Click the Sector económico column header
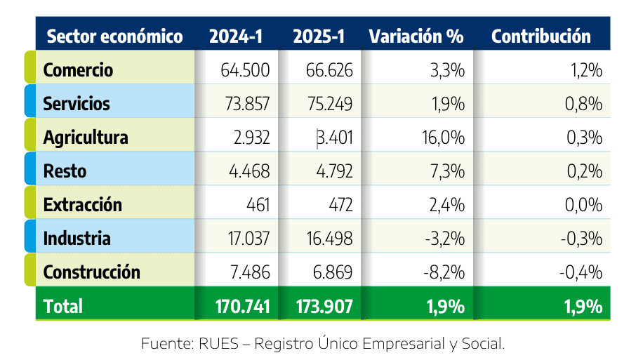click(x=114, y=36)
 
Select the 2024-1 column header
click(x=236, y=36)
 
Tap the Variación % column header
click(x=416, y=36)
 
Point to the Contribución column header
click(x=541, y=36)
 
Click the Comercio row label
click(x=78, y=70)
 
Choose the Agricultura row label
click(x=86, y=138)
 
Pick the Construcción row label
click(x=92, y=272)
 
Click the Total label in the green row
click(x=63, y=306)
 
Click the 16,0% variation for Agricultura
click(x=445, y=138)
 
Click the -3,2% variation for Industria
click(x=445, y=239)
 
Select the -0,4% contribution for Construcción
click(x=582, y=272)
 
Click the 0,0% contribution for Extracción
click(x=584, y=205)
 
